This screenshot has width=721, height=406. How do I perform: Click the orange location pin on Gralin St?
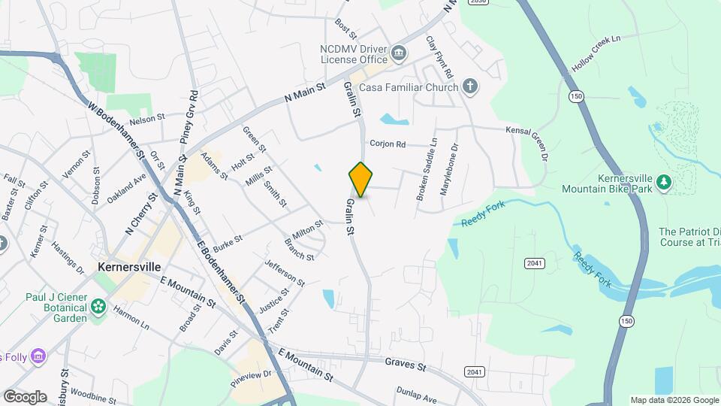point(360,179)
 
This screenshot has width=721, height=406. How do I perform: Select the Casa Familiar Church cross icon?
point(470,86)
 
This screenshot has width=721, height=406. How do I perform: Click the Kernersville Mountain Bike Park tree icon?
point(663,182)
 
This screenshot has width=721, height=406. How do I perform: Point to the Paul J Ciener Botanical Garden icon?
point(98,307)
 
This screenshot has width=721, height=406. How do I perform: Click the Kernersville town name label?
point(132,268)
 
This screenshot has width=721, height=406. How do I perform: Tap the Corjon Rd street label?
point(388,144)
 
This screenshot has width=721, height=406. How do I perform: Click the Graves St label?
point(406,366)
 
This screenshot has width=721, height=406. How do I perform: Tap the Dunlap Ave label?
point(416,395)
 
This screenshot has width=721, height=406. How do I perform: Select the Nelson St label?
point(146,119)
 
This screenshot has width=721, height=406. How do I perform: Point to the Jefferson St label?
point(285,273)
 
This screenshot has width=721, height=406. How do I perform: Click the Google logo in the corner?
point(25,396)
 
